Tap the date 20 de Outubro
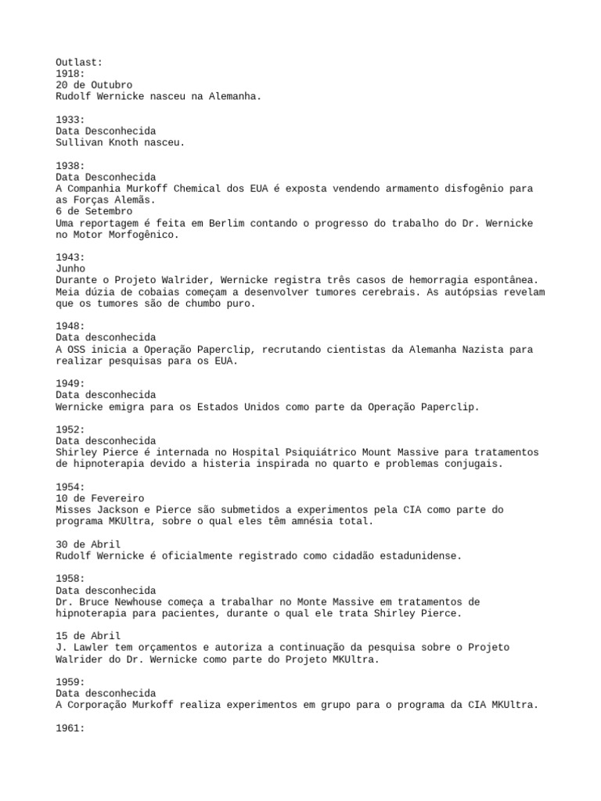coord(94,85)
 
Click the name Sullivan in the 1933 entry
coord(79,142)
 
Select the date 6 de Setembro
coord(94,211)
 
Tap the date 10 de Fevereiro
coord(100,498)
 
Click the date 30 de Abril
coord(88,544)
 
